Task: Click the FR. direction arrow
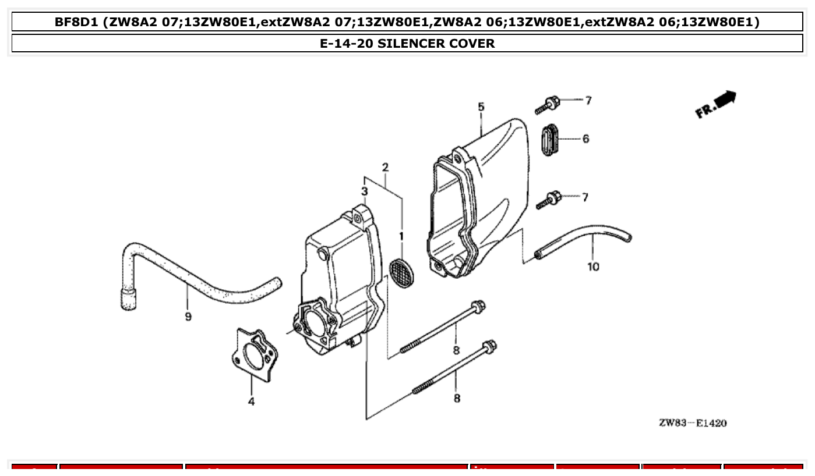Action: (x=716, y=104)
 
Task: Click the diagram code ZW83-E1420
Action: (x=692, y=423)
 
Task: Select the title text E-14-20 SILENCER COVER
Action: (x=407, y=44)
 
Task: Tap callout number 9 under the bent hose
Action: (x=188, y=317)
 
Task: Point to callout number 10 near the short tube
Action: (x=593, y=267)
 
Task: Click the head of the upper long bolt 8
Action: (x=478, y=306)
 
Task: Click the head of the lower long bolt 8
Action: (x=489, y=347)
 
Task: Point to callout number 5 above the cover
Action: (x=481, y=107)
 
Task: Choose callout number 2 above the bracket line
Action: (x=385, y=168)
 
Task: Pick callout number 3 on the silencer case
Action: (x=364, y=191)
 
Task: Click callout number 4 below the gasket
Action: (x=251, y=401)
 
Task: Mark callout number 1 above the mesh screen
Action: (x=401, y=236)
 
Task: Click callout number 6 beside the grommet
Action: (x=585, y=139)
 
